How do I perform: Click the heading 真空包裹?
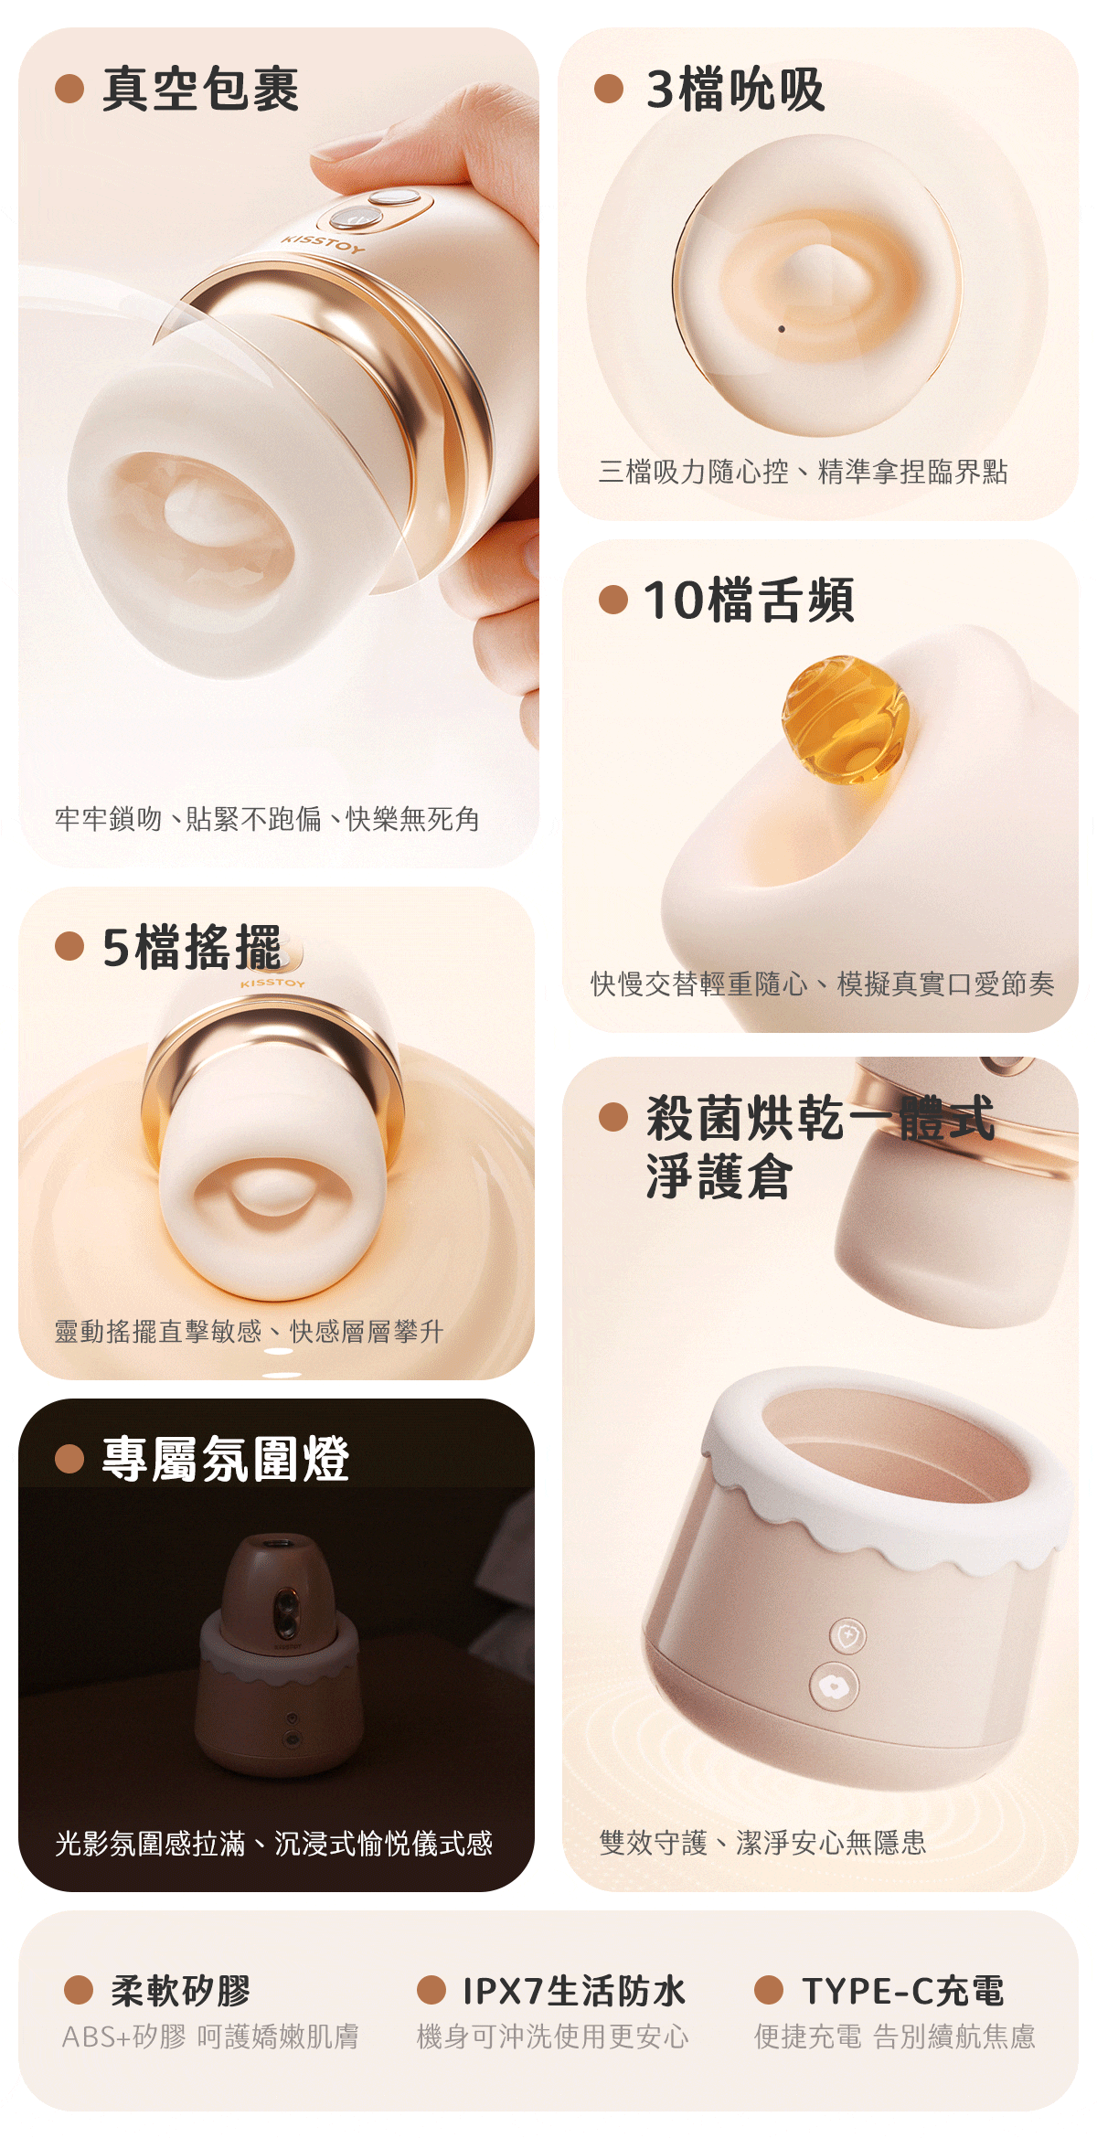(x=200, y=90)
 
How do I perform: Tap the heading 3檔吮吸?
(x=735, y=90)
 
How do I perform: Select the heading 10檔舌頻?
(x=749, y=601)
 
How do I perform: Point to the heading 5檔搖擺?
(x=192, y=947)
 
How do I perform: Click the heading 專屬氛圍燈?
(x=226, y=1458)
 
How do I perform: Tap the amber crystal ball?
(x=845, y=718)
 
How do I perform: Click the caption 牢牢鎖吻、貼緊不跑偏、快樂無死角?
(x=267, y=819)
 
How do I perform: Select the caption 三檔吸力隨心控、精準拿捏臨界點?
(x=803, y=472)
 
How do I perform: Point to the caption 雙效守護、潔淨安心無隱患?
(x=762, y=1842)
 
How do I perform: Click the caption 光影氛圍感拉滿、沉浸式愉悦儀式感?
(x=274, y=1843)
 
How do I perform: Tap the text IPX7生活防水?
(x=574, y=1990)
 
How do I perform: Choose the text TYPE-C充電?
(x=903, y=1990)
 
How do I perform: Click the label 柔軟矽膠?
(x=181, y=1990)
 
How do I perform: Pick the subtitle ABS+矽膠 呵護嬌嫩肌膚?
(x=210, y=2037)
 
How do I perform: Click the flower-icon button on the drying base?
(x=833, y=1686)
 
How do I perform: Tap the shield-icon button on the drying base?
(x=848, y=1634)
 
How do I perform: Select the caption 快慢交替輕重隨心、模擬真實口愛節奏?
(x=823, y=984)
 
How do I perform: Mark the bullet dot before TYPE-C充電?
(x=769, y=1990)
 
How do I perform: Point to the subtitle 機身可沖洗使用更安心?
(x=553, y=2037)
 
